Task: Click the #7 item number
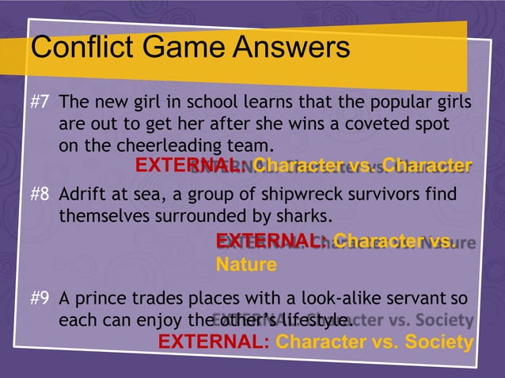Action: point(41,104)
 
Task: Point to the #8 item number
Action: point(41,195)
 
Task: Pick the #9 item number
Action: point(41,299)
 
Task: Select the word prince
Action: point(110,299)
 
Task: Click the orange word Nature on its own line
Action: point(246,264)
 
